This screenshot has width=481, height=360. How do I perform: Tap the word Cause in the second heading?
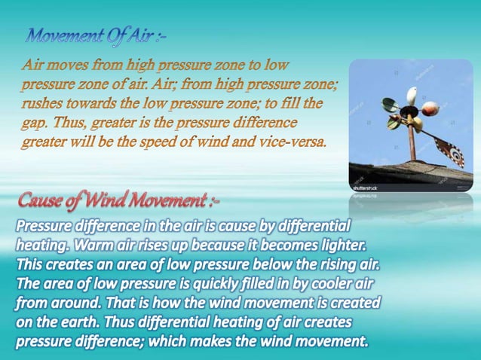(x=43, y=201)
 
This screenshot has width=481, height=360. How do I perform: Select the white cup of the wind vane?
(x=412, y=96)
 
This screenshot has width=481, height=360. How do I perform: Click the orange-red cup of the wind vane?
(x=430, y=110)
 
